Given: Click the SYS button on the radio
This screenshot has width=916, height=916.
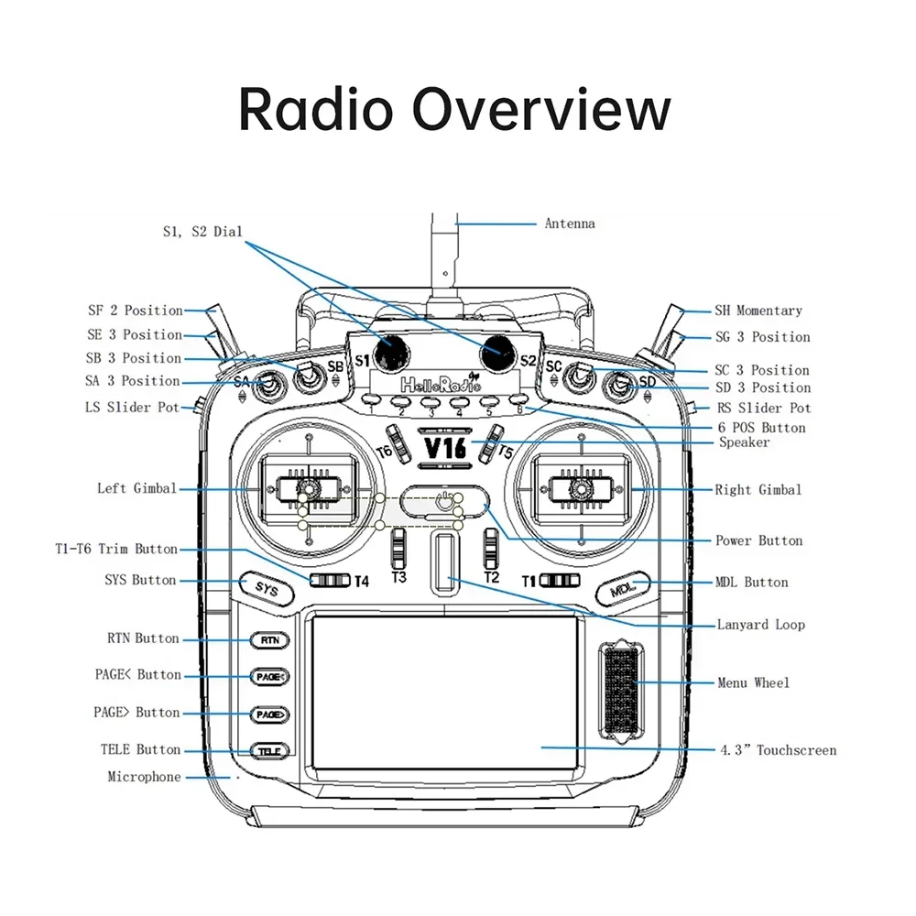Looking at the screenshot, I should tap(266, 589).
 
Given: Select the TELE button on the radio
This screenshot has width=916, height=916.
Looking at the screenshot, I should tap(269, 751).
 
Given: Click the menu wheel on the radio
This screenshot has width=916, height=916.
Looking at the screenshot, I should tap(620, 692).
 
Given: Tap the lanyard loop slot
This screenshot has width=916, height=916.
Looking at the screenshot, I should tap(443, 561).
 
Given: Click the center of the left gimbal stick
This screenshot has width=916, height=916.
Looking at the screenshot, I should tap(308, 490).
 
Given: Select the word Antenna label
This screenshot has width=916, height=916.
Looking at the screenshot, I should tap(570, 224).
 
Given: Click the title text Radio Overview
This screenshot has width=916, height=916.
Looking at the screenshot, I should tap(455, 109).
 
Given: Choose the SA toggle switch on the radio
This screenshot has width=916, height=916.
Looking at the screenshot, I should tap(268, 388).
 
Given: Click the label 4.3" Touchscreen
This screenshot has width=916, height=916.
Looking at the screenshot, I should tap(777, 750).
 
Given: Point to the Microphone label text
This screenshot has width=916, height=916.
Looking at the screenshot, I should tap(145, 777).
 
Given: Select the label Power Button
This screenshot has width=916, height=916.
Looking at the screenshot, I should tap(758, 540).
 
